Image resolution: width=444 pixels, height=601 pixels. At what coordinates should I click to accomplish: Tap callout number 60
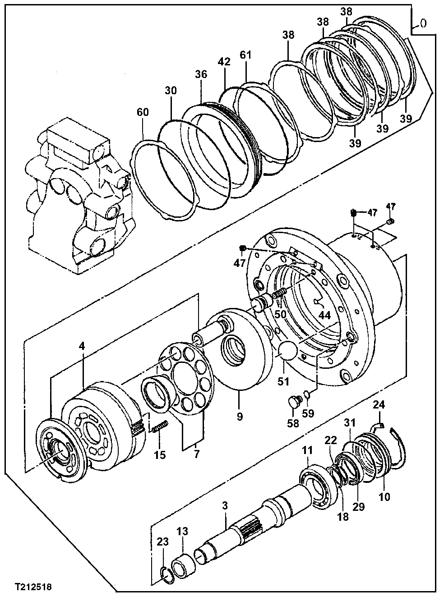pyautogui.click(x=143, y=112)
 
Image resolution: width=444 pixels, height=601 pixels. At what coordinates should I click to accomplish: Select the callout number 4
pyautogui.click(x=82, y=346)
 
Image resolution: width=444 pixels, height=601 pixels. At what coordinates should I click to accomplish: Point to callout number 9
pyautogui.click(x=240, y=417)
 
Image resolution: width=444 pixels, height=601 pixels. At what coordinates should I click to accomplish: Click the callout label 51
pyautogui.click(x=283, y=381)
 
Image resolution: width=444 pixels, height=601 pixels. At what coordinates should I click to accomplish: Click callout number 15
pyautogui.click(x=160, y=454)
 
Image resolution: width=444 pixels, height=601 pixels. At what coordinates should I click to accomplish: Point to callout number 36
pyautogui.click(x=201, y=74)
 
